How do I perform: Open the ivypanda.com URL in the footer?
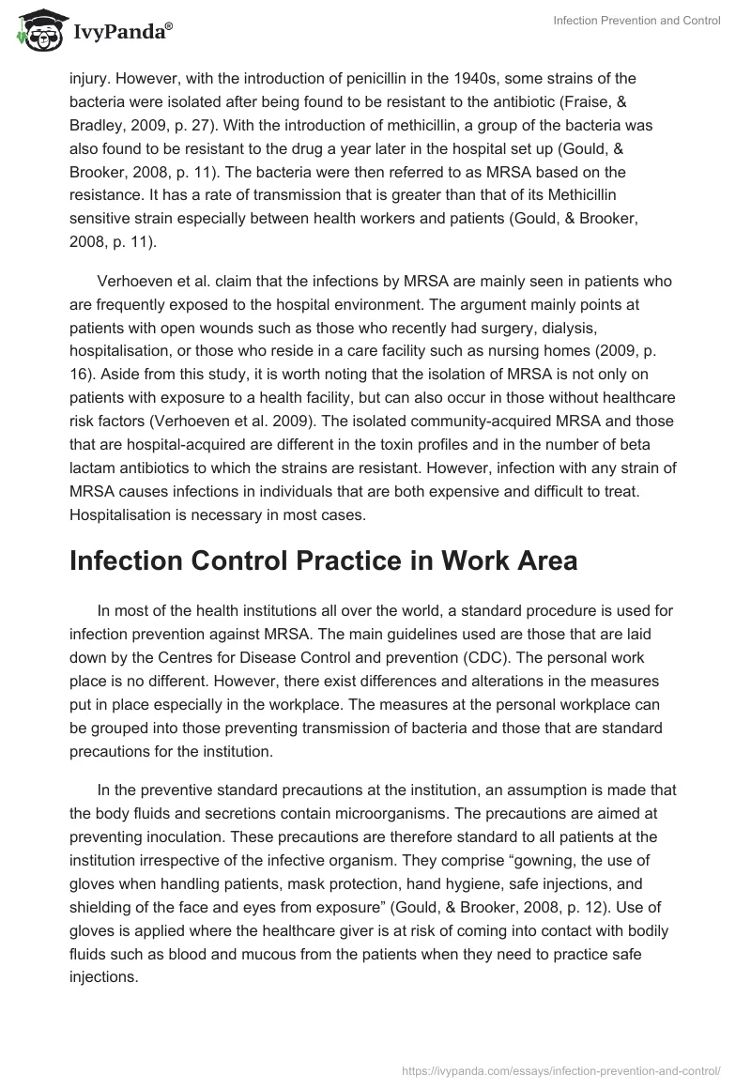click(x=560, y=1069)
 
